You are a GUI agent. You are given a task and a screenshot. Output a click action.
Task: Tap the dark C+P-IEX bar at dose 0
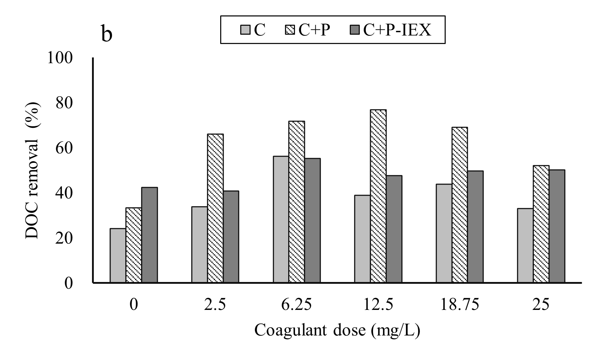tap(150, 235)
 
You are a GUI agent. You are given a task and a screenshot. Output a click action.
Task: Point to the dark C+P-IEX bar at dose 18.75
tap(475, 227)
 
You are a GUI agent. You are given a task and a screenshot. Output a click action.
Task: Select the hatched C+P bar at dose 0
tap(134, 245)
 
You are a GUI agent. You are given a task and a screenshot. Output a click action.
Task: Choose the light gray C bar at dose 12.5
tap(363, 239)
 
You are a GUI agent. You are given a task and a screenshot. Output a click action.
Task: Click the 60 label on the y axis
tap(65, 148)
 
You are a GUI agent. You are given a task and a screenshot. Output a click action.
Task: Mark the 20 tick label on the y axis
tap(65, 238)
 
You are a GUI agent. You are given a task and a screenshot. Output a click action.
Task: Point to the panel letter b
tap(107, 35)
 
